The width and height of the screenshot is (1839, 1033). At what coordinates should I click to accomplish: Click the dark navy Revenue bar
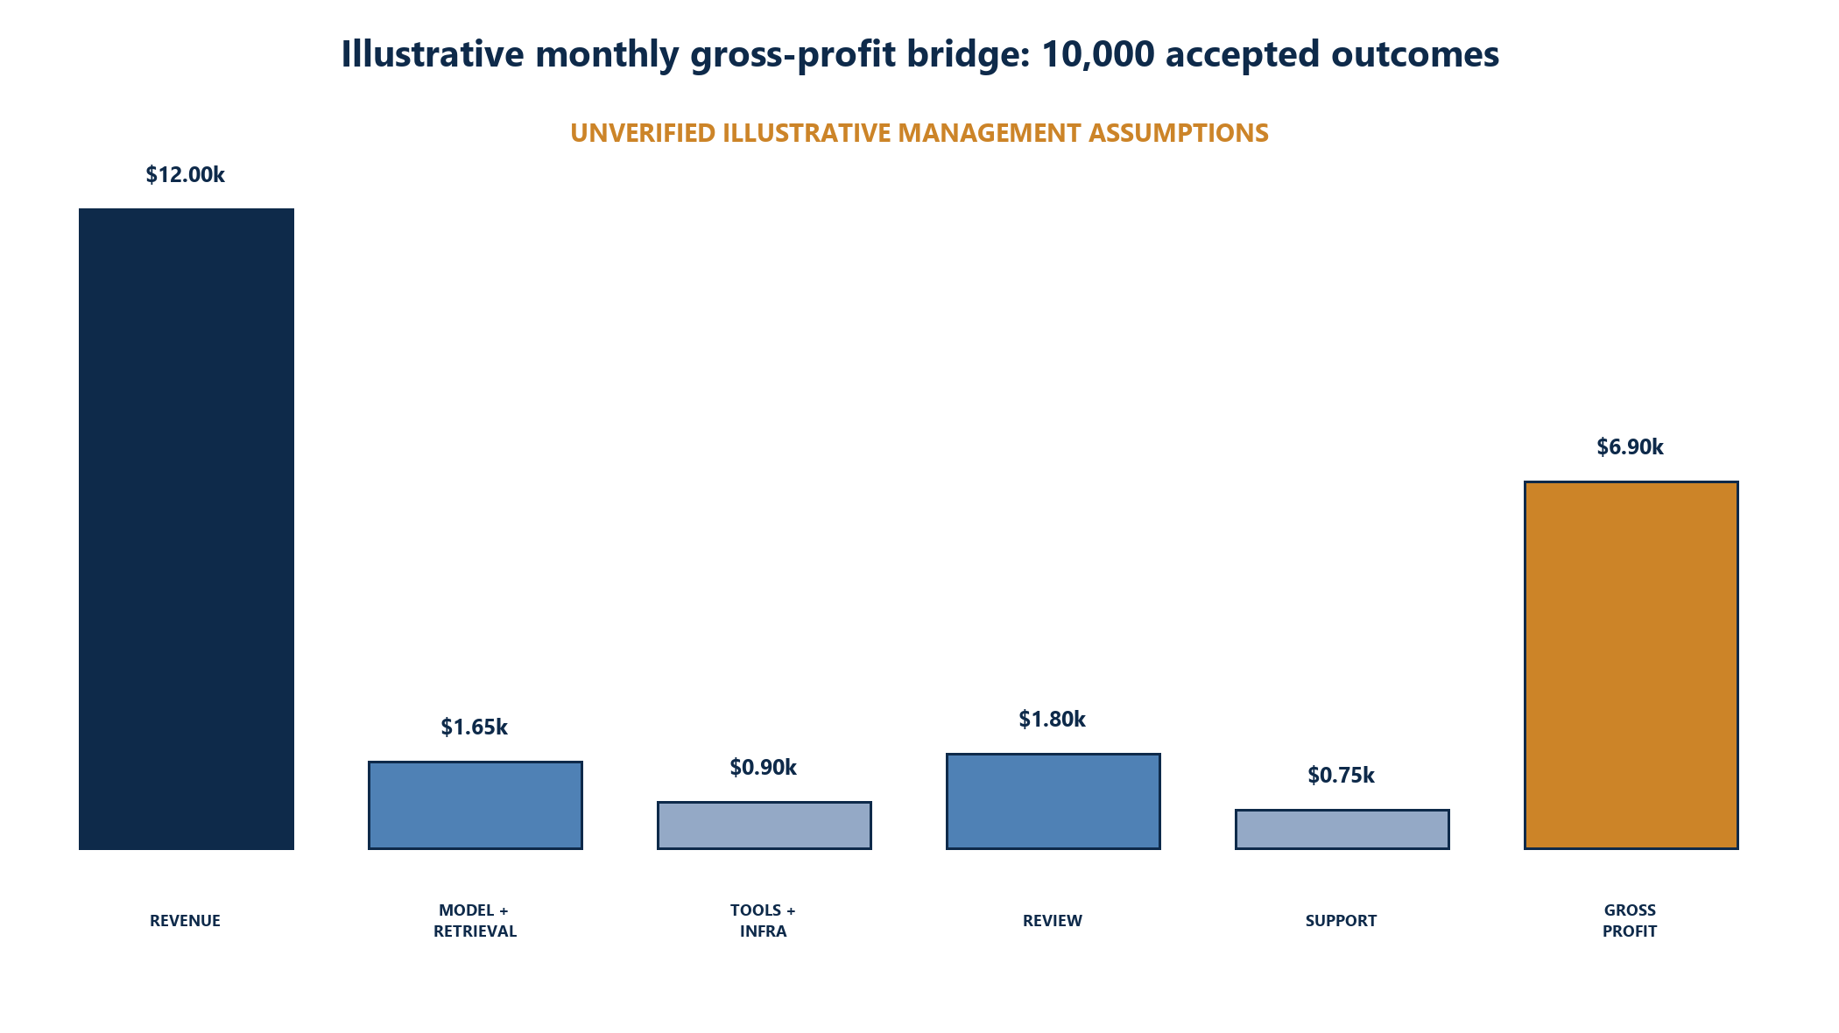tap(187, 529)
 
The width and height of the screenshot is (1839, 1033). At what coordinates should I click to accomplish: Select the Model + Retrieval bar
tap(476, 805)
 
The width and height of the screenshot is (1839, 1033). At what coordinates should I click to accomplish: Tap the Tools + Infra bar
tap(764, 826)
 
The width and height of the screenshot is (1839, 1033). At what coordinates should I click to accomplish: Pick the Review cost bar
tap(1053, 801)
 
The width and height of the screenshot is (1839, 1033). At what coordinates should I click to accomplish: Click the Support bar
tap(1342, 829)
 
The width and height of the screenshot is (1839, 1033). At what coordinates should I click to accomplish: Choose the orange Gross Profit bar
tap(1631, 665)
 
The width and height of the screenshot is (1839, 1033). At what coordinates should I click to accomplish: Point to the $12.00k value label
tap(186, 175)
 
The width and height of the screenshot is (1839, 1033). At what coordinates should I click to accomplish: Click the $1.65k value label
tap(475, 727)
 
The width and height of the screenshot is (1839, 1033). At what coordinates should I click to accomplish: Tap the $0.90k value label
tap(764, 768)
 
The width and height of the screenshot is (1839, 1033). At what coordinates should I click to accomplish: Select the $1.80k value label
tap(1053, 720)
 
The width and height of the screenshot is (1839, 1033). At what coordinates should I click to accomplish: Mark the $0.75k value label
tap(1342, 776)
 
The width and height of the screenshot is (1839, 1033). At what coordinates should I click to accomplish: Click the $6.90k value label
tap(1631, 447)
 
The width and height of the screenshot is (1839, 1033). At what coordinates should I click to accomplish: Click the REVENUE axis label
tap(186, 921)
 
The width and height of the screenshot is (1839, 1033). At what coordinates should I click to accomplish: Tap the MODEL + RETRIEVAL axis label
tap(475, 921)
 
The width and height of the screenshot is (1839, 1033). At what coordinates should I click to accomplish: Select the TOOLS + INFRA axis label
tap(764, 921)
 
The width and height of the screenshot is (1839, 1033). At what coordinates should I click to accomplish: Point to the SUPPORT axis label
tap(1342, 921)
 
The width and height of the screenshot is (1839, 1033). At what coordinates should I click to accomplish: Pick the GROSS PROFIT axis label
tap(1631, 921)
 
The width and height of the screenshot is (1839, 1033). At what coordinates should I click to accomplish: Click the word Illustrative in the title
tap(432, 54)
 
